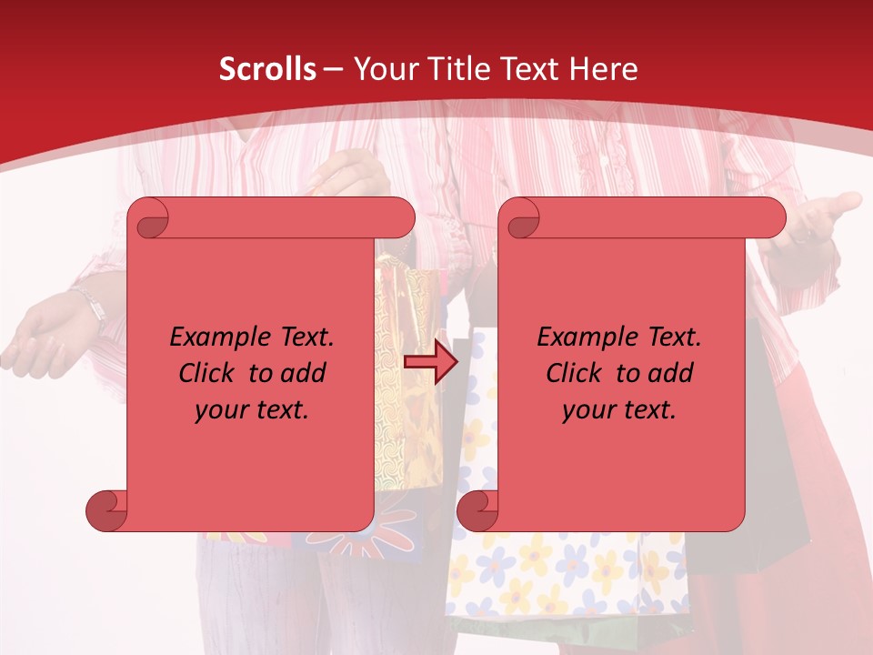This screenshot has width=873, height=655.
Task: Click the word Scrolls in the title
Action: click(267, 69)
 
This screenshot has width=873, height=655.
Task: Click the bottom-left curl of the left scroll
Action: click(106, 510)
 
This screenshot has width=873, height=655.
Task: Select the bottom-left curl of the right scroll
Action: click(477, 510)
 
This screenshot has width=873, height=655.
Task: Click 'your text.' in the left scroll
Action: click(252, 409)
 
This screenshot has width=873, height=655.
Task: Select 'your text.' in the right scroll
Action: click(619, 409)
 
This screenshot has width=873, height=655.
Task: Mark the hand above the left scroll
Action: click(350, 173)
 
